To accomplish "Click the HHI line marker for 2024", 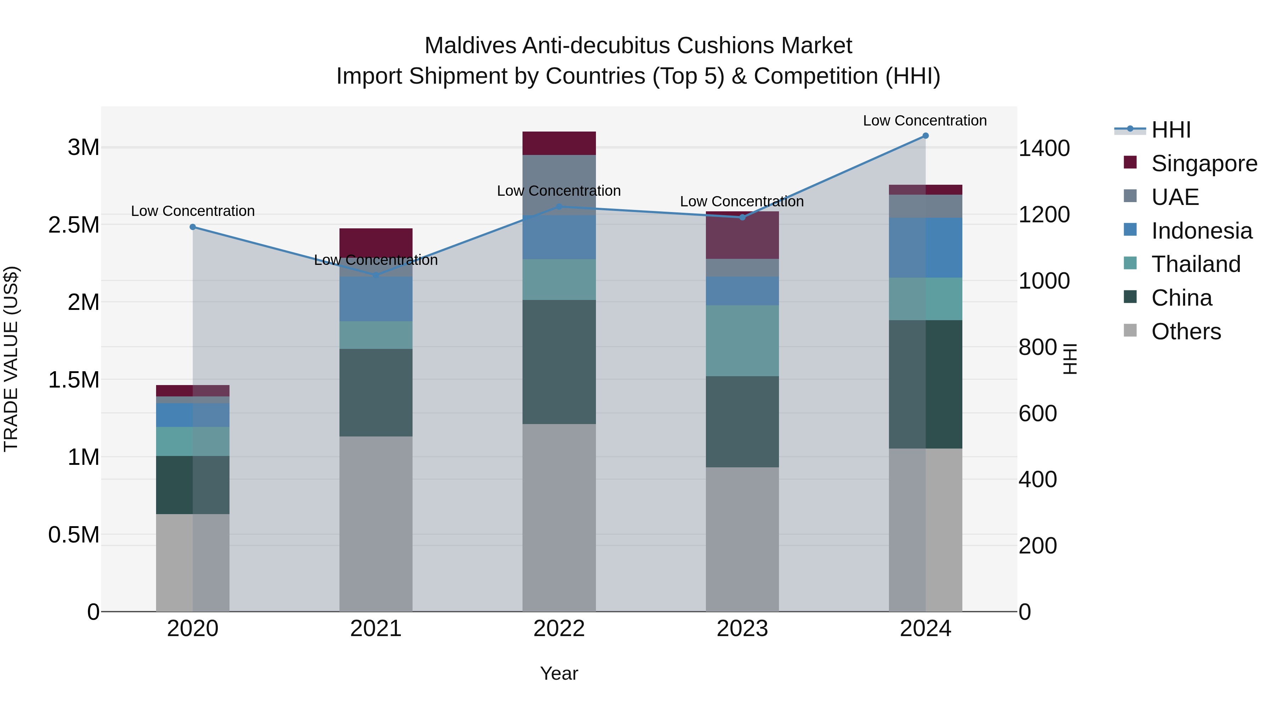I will tap(925, 136).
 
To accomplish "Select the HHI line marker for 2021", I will tap(376, 275).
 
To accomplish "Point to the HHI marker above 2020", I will tap(193, 227).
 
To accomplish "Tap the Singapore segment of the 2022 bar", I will tap(559, 143).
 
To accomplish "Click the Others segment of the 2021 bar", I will tap(376, 524).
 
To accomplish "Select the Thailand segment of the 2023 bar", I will tap(742, 340).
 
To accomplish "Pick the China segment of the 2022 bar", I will tap(559, 362).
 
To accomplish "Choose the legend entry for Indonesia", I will tap(1202, 231).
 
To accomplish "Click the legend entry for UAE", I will tap(1175, 197).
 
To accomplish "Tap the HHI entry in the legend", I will tap(1171, 130).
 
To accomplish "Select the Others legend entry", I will tap(1186, 332).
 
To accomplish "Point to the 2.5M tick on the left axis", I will tap(73, 225).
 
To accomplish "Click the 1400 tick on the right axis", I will tap(1044, 148).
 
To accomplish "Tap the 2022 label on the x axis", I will tap(559, 629).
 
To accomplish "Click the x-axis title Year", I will tap(559, 673).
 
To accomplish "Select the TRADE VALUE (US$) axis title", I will tap(11, 359).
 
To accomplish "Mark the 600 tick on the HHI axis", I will tap(1038, 413).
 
